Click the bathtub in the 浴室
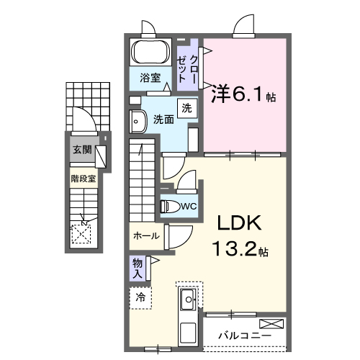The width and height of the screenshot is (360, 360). [150, 54]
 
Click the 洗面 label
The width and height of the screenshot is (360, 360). [163, 120]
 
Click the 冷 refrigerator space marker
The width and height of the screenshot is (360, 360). [141, 297]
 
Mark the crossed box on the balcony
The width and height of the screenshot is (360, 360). [272, 323]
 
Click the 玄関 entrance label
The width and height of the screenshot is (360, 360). [81, 150]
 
